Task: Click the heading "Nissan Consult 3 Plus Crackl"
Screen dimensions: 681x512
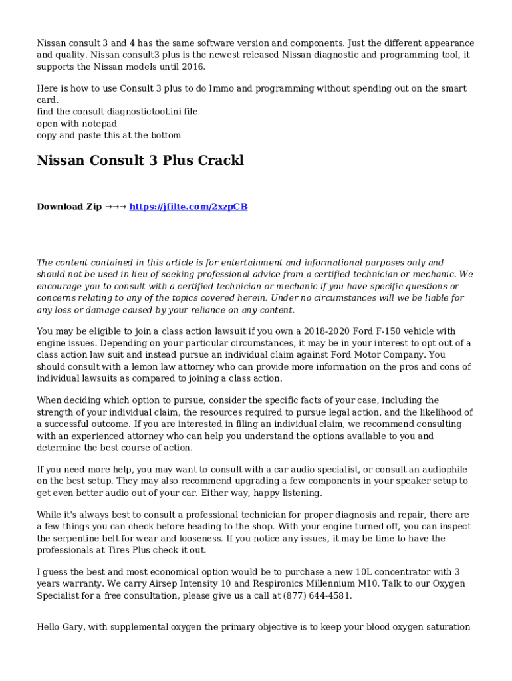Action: tap(140, 160)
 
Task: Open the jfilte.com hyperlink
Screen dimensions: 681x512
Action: tap(188, 207)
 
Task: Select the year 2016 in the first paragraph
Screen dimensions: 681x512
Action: tap(193, 67)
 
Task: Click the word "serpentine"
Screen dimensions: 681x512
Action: tap(78, 539)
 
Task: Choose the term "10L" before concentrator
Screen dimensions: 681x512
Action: tap(364, 572)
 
